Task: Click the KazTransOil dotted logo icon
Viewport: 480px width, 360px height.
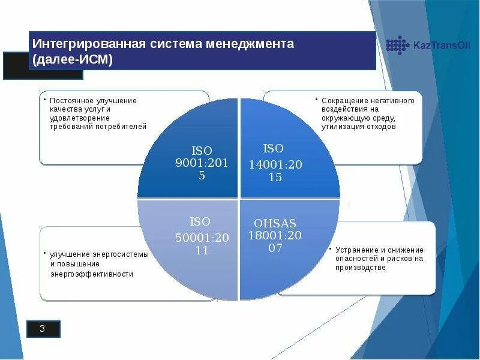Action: [397, 45]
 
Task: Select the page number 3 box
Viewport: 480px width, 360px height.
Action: [43, 328]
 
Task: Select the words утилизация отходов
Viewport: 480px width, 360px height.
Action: [358, 127]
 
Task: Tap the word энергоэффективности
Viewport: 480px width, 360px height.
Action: [92, 274]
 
